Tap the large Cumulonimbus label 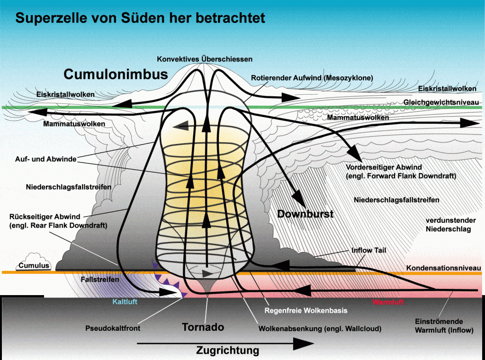pos(116,74)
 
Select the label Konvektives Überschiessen pos(205,59)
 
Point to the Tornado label pos(203,327)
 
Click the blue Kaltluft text pos(125,302)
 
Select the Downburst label pos(305,214)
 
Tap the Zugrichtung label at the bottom pos(228,351)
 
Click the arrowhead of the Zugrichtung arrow pos(308,341)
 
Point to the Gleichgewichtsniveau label pos(440,102)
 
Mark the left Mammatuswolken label pos(74,124)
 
